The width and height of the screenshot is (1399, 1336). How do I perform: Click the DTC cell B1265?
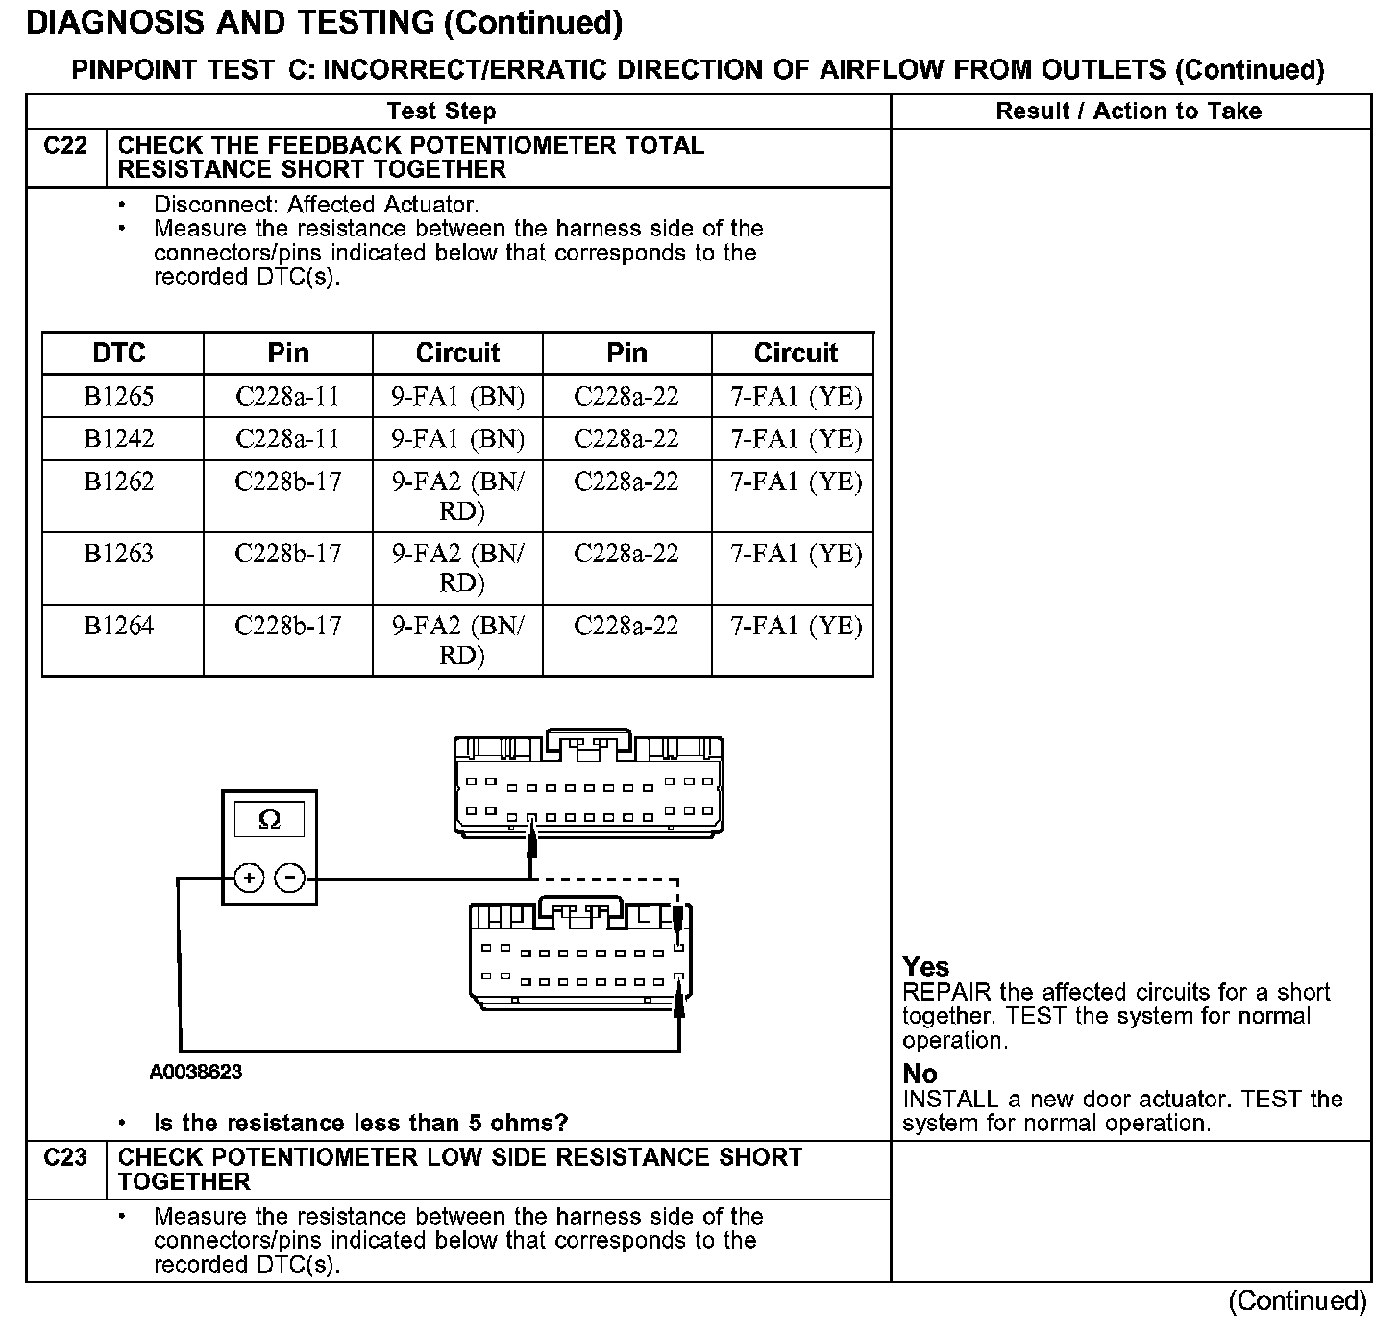pyautogui.click(x=119, y=397)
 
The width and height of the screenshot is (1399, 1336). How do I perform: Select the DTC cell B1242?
pyautogui.click(x=119, y=439)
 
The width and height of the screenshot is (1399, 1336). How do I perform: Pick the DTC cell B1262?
pyautogui.click(x=119, y=482)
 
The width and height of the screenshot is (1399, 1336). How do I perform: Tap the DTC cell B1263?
pyautogui.click(x=119, y=554)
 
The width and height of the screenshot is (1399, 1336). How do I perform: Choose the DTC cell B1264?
pyautogui.click(x=119, y=626)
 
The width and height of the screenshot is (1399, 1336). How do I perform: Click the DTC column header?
pyautogui.click(x=119, y=353)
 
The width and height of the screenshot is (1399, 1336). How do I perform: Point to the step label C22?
pyautogui.click(x=65, y=146)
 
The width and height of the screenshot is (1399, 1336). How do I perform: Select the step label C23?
pyautogui.click(x=65, y=1157)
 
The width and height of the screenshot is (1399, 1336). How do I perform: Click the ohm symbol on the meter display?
pyautogui.click(x=270, y=820)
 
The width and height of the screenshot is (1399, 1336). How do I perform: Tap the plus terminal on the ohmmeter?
pyautogui.click(x=249, y=878)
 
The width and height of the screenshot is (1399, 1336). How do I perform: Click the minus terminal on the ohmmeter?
pyautogui.click(x=290, y=878)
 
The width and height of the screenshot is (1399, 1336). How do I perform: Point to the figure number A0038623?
pyautogui.click(x=196, y=1072)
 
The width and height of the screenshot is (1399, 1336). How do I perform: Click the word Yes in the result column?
pyautogui.click(x=926, y=967)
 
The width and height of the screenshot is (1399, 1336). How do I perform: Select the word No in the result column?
pyautogui.click(x=920, y=1074)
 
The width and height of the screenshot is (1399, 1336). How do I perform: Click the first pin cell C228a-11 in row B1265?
pyautogui.click(x=288, y=397)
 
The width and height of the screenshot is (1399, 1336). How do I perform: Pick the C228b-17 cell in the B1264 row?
pyautogui.click(x=288, y=626)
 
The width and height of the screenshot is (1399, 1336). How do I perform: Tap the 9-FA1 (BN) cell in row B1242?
pyautogui.click(x=457, y=439)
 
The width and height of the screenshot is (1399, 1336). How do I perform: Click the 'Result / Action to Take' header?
pyautogui.click(x=1129, y=111)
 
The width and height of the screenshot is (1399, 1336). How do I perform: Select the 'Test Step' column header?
pyautogui.click(x=442, y=111)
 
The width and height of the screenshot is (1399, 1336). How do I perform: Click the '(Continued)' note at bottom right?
pyautogui.click(x=1297, y=1300)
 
